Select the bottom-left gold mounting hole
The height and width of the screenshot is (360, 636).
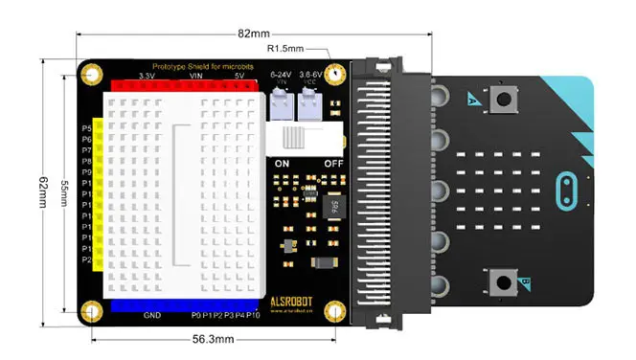(x=92, y=311)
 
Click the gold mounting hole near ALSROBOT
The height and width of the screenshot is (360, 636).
(x=334, y=311)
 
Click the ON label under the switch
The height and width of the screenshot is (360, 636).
(x=283, y=164)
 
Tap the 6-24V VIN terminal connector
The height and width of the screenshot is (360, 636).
(x=283, y=110)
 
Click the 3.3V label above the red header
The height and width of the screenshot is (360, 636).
(x=147, y=76)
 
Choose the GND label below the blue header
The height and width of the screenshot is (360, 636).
(x=151, y=316)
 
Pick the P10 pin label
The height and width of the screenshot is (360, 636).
(x=253, y=316)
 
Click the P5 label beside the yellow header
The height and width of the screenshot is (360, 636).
(x=86, y=127)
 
